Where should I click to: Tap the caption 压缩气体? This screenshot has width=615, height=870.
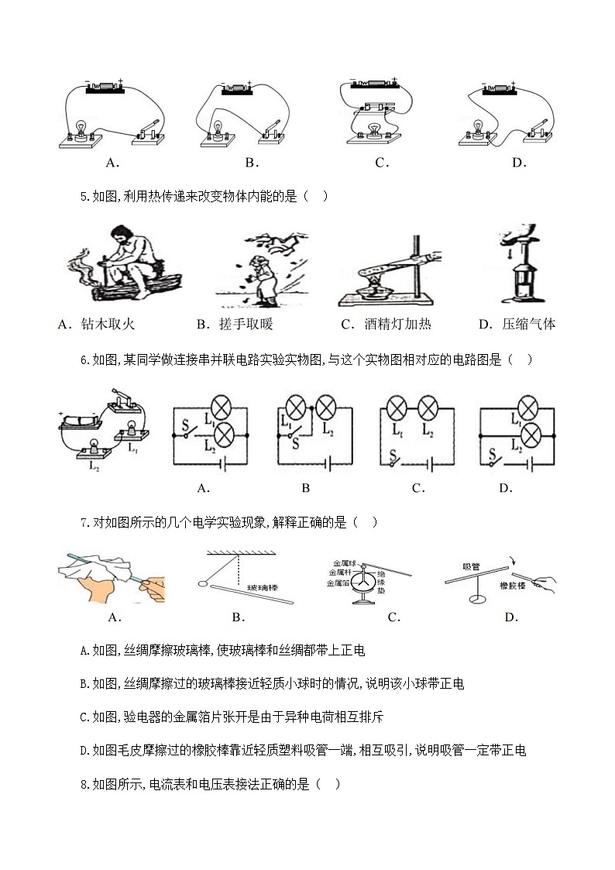pos(528,325)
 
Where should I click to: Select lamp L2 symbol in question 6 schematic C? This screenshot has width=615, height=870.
pos(426,407)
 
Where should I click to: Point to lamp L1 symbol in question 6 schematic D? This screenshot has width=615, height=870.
pos(528,407)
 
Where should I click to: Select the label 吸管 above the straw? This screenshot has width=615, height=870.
pos(472,566)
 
